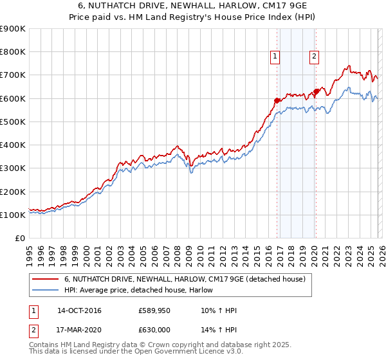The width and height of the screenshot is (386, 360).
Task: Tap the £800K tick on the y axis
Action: (13, 52)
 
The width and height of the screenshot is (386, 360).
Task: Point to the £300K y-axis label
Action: (13, 168)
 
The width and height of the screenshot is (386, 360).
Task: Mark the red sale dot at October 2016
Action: (277, 100)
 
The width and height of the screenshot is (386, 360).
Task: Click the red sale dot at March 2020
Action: (316, 91)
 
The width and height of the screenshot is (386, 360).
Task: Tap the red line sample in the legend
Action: (46, 280)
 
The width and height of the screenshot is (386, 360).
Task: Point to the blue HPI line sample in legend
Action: (46, 290)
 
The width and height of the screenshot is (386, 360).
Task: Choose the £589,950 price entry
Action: (153, 311)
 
